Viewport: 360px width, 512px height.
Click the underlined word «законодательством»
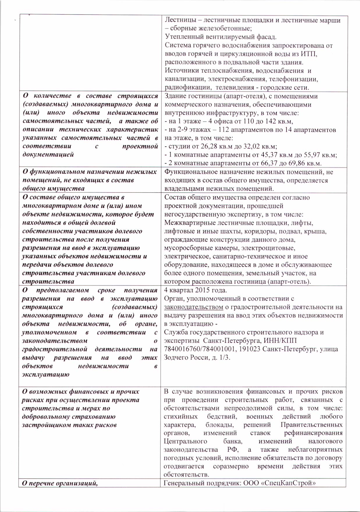194,307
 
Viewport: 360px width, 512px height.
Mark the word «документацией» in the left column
48,155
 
